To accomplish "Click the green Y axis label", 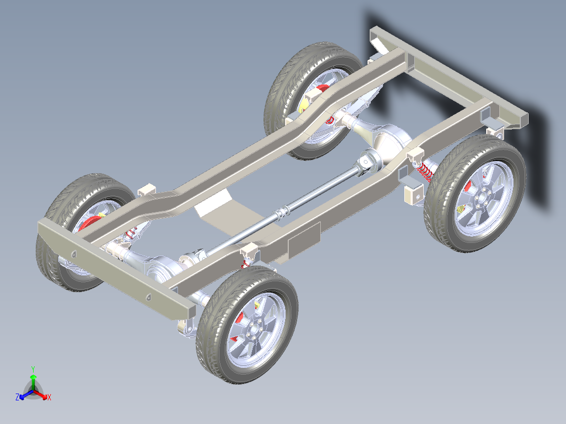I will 33,369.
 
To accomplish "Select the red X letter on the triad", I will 49,398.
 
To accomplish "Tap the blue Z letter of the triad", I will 17,398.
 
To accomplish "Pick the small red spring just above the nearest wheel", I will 244,263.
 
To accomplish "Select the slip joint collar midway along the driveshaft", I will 284,213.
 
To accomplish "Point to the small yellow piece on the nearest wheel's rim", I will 257,305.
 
